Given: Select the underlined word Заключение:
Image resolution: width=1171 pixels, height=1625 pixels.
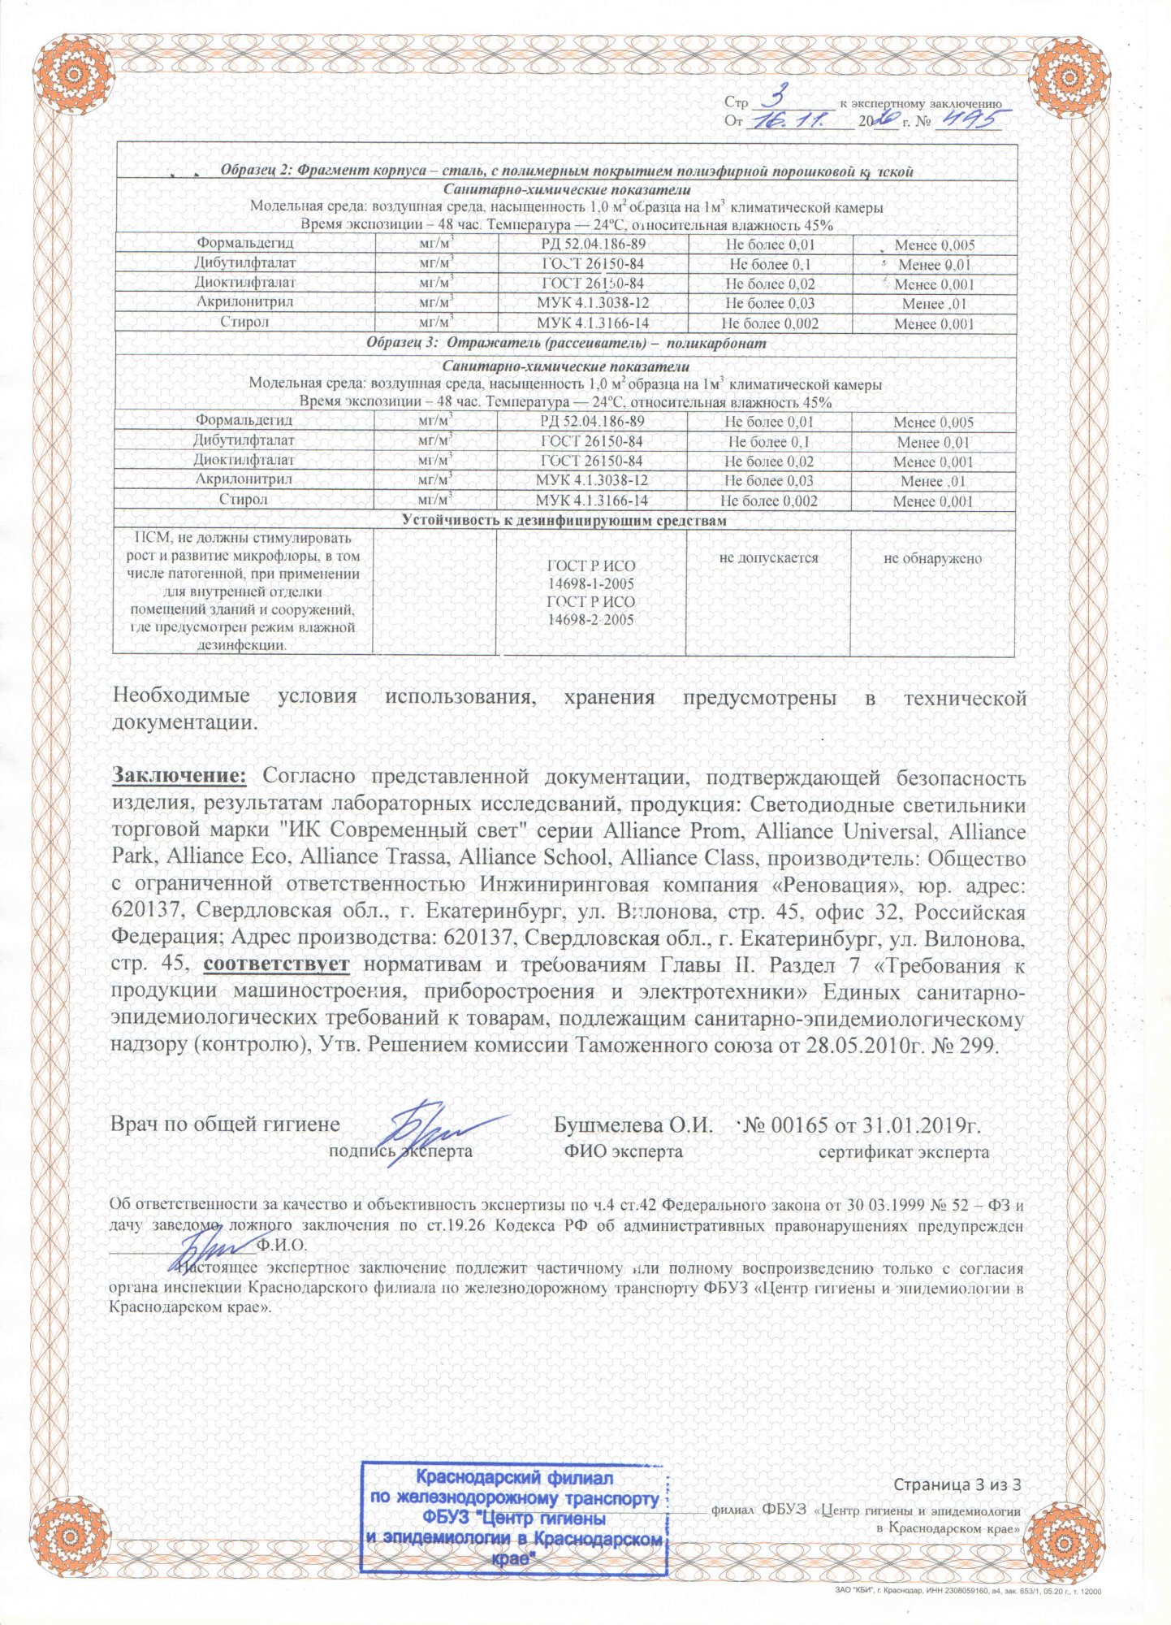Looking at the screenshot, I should tap(179, 777).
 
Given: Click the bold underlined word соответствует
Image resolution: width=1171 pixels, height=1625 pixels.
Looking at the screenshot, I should tap(277, 964).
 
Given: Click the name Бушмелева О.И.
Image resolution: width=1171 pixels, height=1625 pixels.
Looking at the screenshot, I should tap(633, 1125).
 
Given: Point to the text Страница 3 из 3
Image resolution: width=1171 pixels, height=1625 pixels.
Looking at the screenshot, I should tap(957, 1484).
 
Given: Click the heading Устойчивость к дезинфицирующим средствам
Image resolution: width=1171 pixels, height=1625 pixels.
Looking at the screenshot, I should tap(564, 521).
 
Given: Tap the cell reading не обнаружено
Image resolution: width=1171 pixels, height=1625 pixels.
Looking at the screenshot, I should tap(932, 559).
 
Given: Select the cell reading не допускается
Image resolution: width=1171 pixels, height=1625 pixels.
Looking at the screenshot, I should tap(768, 558).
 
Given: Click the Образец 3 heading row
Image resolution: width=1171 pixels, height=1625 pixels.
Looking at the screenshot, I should tap(566, 343).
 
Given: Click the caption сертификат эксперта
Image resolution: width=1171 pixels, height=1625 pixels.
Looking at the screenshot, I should tap(903, 1152).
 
